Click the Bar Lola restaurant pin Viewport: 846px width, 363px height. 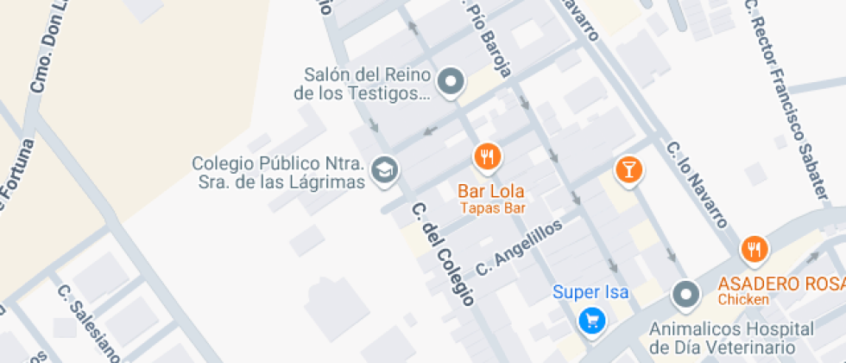pos(488,156)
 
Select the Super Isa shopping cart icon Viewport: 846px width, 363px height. pos(591,321)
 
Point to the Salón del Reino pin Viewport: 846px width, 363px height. pos(450,83)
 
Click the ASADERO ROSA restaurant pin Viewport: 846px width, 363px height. pos(754,250)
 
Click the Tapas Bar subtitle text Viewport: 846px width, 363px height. pos(492,207)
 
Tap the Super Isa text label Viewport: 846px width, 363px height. pos(590,292)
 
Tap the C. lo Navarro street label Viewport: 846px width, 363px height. pos(698,184)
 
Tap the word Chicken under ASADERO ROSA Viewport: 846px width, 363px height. pos(743,299)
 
